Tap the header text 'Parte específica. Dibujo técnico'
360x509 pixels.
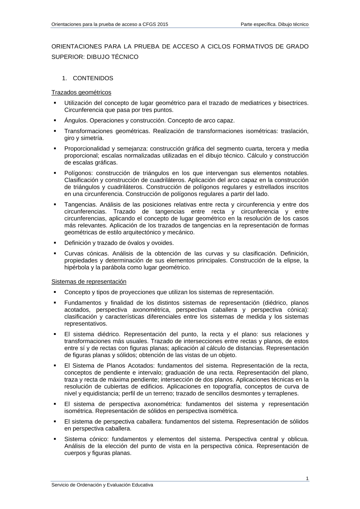275,24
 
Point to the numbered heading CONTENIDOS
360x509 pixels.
93,78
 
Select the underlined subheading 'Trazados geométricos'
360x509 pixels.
81,92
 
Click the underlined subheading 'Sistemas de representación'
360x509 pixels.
89,282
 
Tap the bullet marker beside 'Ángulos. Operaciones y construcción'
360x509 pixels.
55,120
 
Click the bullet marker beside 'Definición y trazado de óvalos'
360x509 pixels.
55,242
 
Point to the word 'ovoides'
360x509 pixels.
162,243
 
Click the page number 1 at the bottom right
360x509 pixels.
307,478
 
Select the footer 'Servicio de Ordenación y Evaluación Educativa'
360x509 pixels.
102,485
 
